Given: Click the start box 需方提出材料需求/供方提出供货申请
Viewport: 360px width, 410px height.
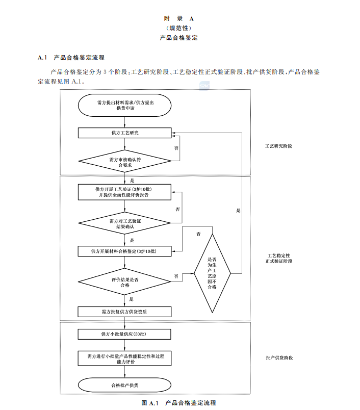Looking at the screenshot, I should click(x=124, y=106).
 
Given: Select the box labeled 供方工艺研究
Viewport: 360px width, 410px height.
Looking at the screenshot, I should click(x=124, y=133).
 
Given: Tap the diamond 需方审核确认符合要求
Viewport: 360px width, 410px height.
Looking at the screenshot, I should click(x=124, y=162).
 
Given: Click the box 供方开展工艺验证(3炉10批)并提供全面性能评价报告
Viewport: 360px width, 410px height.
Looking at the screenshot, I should click(x=124, y=192).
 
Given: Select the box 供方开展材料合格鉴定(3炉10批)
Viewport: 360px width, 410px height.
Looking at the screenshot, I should click(x=124, y=251).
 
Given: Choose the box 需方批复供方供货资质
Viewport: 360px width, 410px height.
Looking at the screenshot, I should click(x=124, y=311).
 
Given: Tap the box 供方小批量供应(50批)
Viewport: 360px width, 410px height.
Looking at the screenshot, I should click(x=124, y=334).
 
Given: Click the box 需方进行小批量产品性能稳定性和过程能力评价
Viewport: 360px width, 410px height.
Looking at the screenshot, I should click(x=124, y=358).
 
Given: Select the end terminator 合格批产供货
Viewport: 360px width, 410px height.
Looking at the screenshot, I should click(x=124, y=385).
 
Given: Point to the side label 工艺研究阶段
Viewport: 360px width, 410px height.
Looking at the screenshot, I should click(x=279, y=146).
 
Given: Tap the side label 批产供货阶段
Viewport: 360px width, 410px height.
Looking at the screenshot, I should click(x=279, y=358).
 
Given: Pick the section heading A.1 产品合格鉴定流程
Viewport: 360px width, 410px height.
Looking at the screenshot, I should click(x=71, y=58).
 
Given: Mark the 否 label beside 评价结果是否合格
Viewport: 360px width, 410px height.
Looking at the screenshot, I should click(x=176, y=276).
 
